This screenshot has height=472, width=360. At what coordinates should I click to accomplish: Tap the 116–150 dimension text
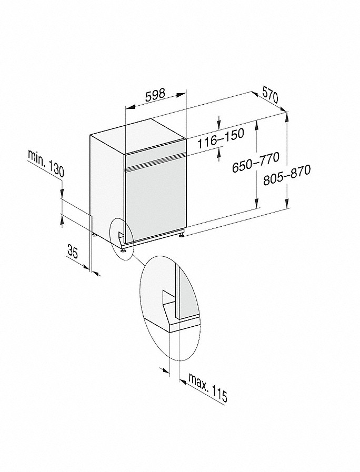[221, 138]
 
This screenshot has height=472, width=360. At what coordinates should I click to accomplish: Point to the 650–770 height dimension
[256, 163]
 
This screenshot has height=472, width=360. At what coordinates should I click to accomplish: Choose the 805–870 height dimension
[286, 175]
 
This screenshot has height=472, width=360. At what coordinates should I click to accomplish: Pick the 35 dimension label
[73, 252]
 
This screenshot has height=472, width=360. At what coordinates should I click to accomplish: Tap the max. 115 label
[208, 387]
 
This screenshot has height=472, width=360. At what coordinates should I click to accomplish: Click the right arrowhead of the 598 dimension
[181, 95]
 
